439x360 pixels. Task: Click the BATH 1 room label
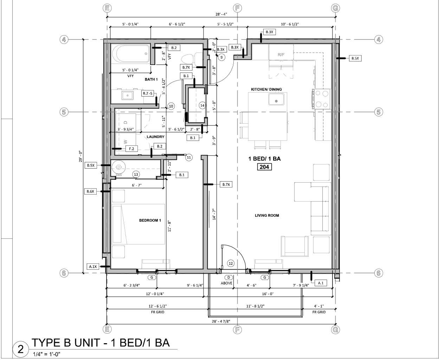(151, 80)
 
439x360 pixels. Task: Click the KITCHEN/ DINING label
(266, 90)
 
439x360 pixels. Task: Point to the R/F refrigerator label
(281, 55)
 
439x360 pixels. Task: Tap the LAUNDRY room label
(155, 137)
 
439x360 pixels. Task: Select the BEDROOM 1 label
(150, 221)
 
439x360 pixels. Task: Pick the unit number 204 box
(264, 167)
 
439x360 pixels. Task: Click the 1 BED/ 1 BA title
(264, 159)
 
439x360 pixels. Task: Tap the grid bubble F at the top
(238, 8)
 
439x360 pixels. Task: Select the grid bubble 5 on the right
(379, 112)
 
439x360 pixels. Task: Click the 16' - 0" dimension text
(267, 294)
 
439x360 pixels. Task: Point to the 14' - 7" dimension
(213, 214)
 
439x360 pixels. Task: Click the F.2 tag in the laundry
(131, 149)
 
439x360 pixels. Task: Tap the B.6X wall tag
(91, 192)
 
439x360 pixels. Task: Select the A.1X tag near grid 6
(93, 267)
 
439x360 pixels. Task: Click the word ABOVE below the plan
(226, 283)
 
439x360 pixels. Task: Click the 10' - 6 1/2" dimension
(290, 24)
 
